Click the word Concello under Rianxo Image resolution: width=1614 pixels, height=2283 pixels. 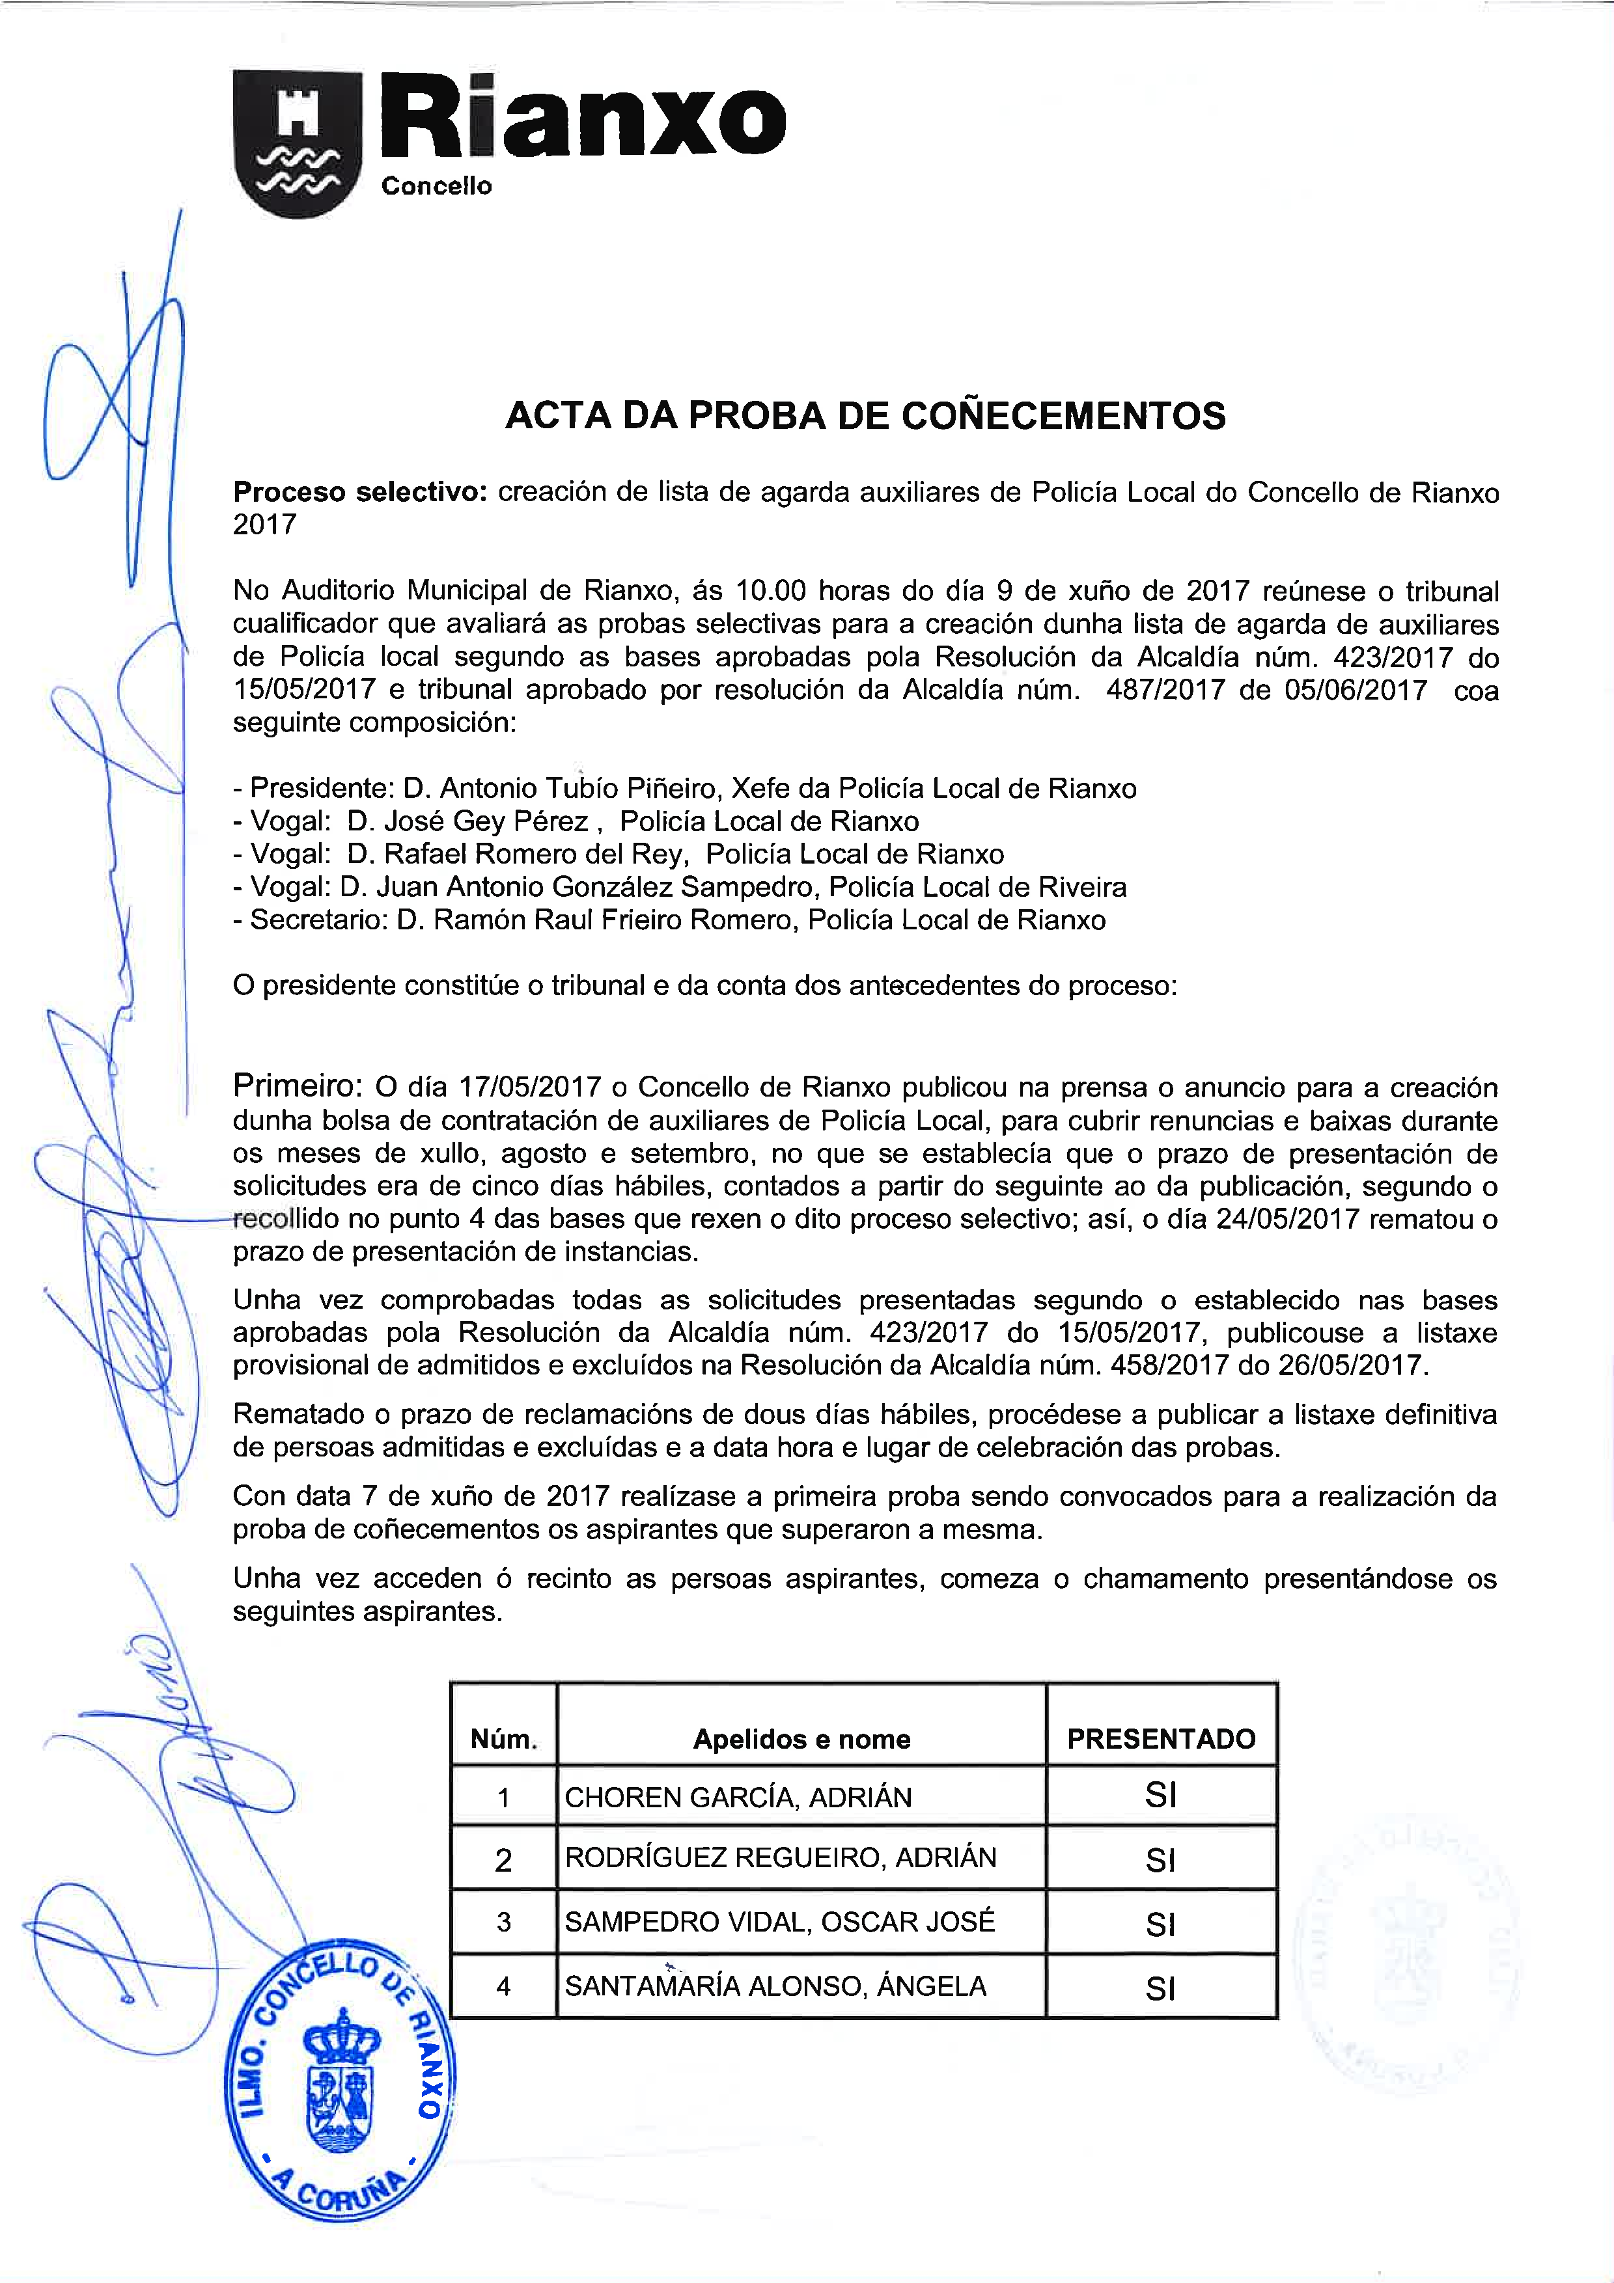[x=437, y=186]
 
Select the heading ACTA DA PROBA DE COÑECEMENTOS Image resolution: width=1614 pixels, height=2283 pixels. [x=865, y=416]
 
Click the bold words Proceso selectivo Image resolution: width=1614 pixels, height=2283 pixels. [x=359, y=492]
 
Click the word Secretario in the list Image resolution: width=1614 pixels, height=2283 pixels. [x=318, y=920]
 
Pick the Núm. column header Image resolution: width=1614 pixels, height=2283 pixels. [x=503, y=1739]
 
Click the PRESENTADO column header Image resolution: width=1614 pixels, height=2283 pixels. [x=1160, y=1739]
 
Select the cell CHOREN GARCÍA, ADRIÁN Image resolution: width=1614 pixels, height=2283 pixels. [x=738, y=1798]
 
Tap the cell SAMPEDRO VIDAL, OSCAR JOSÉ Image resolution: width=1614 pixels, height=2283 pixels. [x=779, y=1922]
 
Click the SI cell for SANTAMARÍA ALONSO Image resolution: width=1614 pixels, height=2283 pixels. [x=1160, y=1989]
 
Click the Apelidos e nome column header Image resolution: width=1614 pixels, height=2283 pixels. [x=801, y=1739]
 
